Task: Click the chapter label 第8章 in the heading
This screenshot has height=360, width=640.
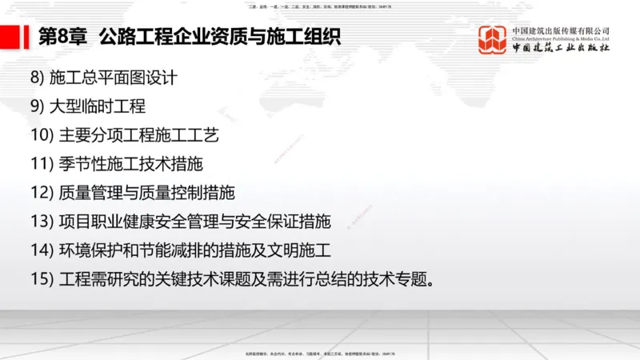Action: (62, 38)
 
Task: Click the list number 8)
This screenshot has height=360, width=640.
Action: (38, 78)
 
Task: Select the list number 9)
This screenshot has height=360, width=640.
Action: (38, 106)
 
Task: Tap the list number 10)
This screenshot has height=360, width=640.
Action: (42, 135)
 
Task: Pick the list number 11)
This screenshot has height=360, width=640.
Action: (42, 164)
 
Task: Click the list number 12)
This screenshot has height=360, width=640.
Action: (42, 193)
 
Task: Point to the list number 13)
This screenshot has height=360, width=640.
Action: (42, 222)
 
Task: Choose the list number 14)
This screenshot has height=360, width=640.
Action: (42, 250)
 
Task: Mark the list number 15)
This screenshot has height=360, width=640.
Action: (42, 279)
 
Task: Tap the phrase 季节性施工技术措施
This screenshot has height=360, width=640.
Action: (131, 164)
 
